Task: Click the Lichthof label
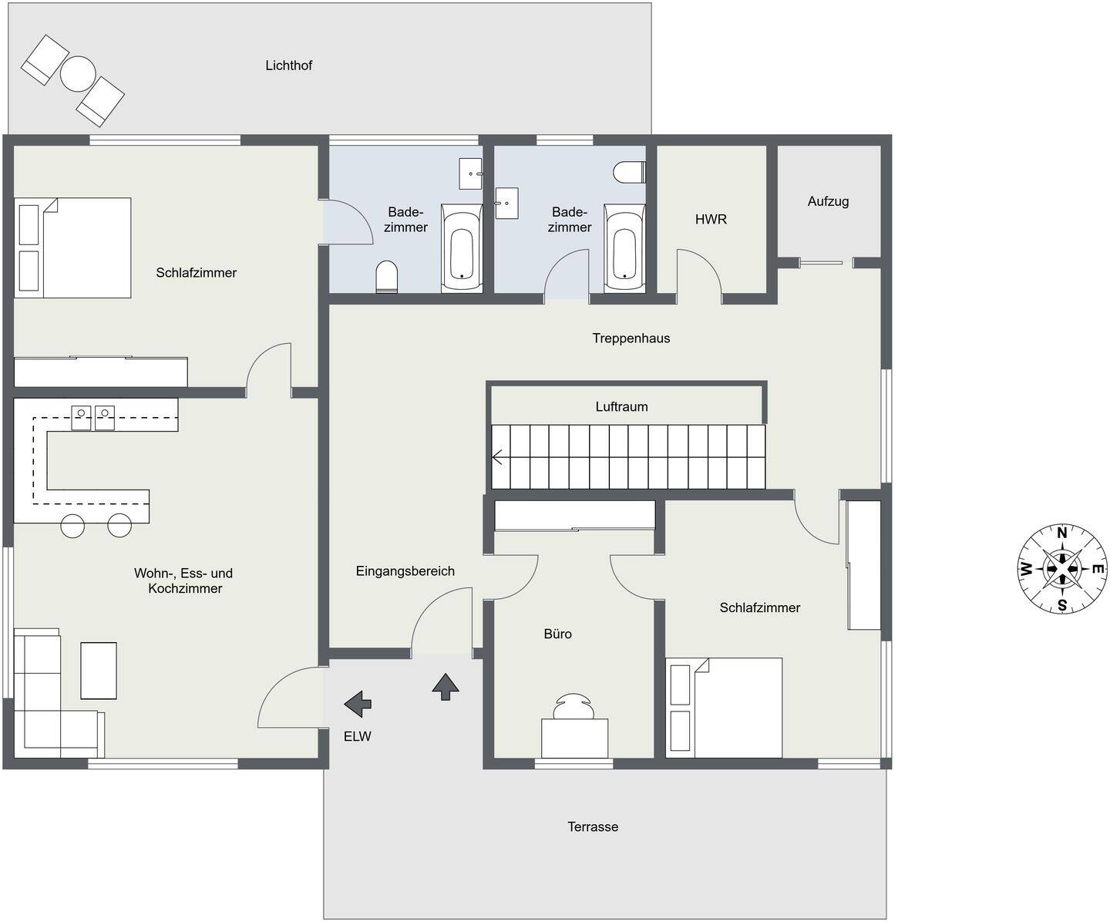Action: (x=288, y=66)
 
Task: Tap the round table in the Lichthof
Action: (x=78, y=74)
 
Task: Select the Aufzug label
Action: (x=828, y=201)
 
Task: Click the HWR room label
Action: (x=711, y=219)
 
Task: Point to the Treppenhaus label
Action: (x=631, y=338)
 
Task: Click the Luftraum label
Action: (x=621, y=407)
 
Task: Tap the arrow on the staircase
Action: (x=497, y=456)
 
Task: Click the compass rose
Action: (x=1062, y=569)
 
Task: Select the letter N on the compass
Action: (x=1062, y=533)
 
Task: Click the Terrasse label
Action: (x=593, y=827)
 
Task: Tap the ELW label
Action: (x=357, y=736)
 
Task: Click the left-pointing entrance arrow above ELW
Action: (x=358, y=705)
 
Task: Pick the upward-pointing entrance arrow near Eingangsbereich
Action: (x=446, y=686)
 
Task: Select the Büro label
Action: (x=557, y=634)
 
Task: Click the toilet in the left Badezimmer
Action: (x=386, y=277)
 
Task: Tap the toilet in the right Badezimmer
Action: (x=630, y=172)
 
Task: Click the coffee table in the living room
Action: (x=99, y=671)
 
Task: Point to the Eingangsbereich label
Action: (x=405, y=571)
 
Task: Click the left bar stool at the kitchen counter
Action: (x=72, y=526)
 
